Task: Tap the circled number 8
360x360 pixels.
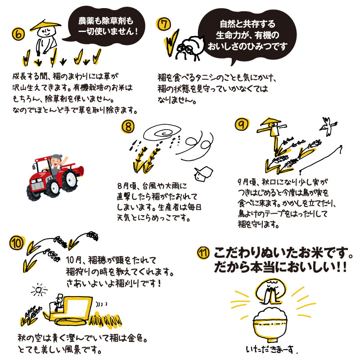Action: point(128,127)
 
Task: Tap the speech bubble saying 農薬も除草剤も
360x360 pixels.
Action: point(106,26)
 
